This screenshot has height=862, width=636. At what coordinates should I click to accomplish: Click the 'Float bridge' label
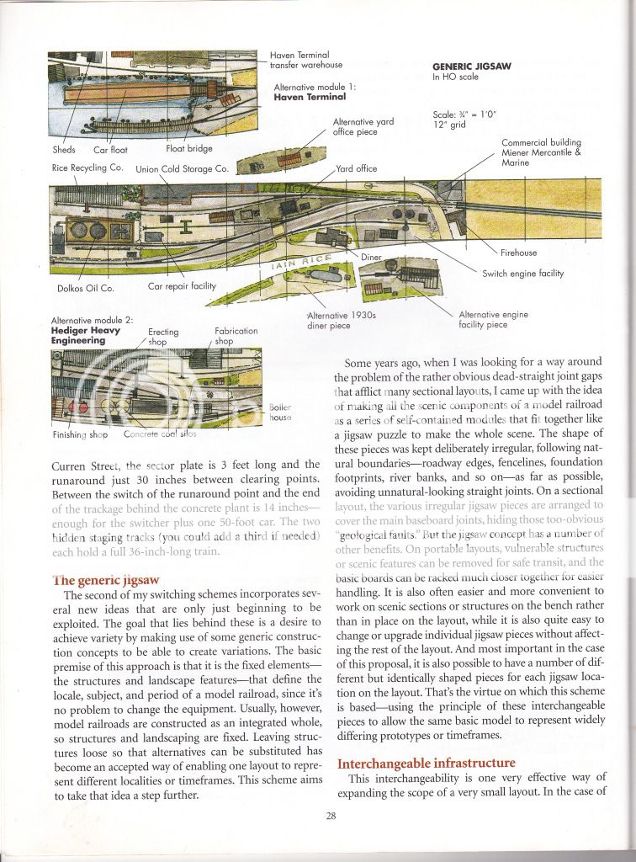[188, 148]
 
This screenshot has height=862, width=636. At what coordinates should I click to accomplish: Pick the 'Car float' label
[109, 149]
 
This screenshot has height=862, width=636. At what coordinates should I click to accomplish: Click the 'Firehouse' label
[520, 253]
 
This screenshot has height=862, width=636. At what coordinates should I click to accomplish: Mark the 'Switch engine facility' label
[522, 274]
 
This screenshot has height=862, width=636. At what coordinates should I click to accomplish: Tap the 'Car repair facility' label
[182, 286]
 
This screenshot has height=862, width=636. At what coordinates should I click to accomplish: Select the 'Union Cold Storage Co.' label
[182, 168]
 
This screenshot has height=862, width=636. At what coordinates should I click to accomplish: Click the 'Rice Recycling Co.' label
[87, 168]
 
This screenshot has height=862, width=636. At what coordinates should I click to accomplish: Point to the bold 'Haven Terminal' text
[310, 98]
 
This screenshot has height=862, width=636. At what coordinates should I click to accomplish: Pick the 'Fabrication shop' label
[236, 336]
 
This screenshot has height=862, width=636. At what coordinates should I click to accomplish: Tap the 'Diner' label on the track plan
[371, 255]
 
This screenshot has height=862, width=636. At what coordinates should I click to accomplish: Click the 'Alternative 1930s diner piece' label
[340, 320]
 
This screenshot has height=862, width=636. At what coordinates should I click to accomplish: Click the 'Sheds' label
[64, 149]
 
